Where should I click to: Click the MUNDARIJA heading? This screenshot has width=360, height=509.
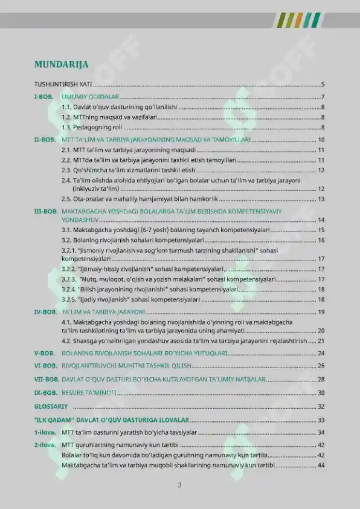pos(62,64)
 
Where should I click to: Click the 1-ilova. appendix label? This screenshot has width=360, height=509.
pos(45,432)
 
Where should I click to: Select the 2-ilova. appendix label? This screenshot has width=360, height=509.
pos(45,445)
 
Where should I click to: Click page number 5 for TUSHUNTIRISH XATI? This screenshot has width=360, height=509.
pos(323,85)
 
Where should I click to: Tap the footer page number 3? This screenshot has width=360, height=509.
pos(180,484)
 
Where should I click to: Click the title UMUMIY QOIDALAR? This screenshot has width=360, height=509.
pos(90,97)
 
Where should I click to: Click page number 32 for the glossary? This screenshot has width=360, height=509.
pos(321,406)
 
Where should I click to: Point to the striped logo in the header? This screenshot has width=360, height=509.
pos(298,20)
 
